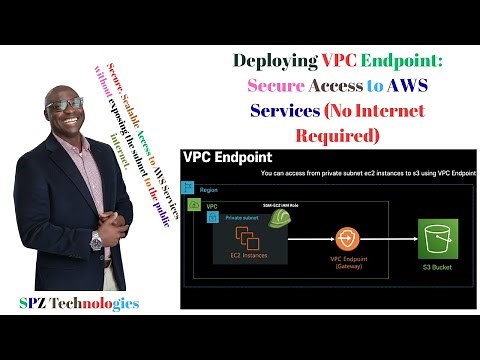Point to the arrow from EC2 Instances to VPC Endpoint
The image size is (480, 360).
tap(301, 241)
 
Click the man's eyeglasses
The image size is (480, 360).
tap(63, 102)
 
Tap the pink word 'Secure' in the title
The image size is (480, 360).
tap(277, 85)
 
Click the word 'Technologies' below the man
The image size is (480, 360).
tap(100, 302)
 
